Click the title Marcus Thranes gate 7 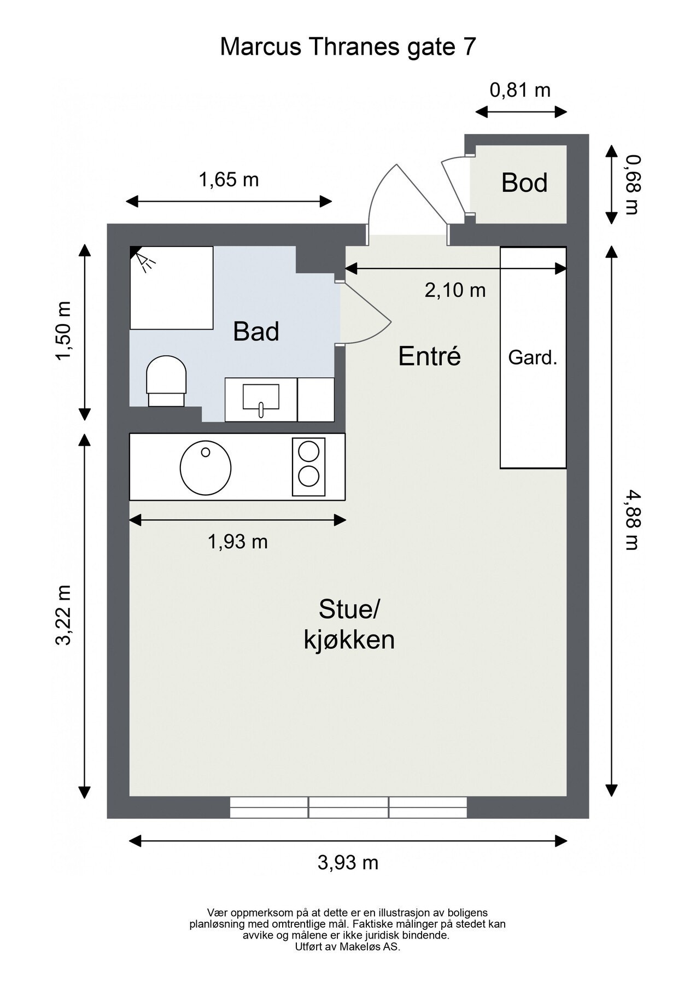click(x=348, y=47)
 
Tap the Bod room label click(x=524, y=183)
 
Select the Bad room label click(x=256, y=331)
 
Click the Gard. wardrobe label click(x=533, y=358)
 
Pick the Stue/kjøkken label click(x=349, y=624)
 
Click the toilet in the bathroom click(x=167, y=381)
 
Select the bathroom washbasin click(x=261, y=400)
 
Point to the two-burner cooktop click(x=308, y=466)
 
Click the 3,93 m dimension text click(x=348, y=863)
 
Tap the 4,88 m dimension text click(x=632, y=520)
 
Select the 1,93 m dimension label click(x=238, y=542)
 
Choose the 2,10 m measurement click(x=455, y=290)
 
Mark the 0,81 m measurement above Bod click(x=520, y=90)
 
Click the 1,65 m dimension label click(x=229, y=179)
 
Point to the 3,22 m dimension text click(x=64, y=615)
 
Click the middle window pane click(x=348, y=807)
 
